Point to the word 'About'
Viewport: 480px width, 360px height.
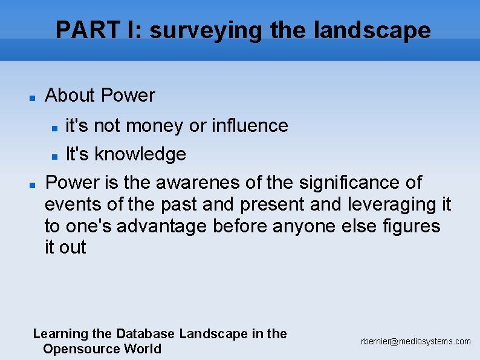click(x=70, y=96)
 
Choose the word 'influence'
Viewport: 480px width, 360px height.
click(x=250, y=125)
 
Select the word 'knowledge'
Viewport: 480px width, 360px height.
click(x=140, y=154)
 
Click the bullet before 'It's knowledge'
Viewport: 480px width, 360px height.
click(x=54, y=155)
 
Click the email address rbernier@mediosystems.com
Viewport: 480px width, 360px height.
click(x=416, y=342)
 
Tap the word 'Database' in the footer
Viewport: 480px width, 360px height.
click(x=145, y=333)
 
